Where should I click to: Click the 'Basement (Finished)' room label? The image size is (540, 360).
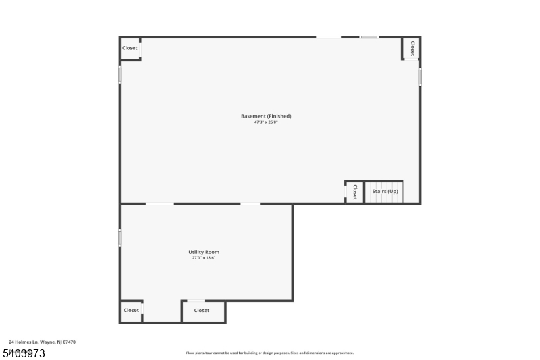point(266,116)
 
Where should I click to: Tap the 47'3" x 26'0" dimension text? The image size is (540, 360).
point(266,122)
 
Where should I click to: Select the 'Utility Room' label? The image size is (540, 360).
point(204,252)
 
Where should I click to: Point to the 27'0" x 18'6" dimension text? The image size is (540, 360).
point(204,258)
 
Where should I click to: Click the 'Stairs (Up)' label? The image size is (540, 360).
point(385,192)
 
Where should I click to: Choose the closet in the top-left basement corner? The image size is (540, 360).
point(130,48)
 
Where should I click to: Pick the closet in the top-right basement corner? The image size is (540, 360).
point(411,47)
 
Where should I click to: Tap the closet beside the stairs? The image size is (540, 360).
point(354,192)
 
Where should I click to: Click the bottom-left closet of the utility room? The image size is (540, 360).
point(131,311)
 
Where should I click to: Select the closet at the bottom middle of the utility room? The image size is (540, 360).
point(202,311)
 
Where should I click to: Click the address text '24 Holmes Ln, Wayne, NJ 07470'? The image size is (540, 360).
point(42,342)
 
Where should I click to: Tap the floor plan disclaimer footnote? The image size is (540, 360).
point(269,353)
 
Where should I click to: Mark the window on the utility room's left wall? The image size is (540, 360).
point(120,238)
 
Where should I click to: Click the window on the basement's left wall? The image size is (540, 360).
point(120,74)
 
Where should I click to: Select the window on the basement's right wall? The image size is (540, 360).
point(420,76)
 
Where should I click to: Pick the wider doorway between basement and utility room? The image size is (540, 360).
point(160,203)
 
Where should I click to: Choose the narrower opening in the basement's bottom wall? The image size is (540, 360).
point(250,203)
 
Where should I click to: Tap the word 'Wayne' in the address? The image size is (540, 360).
point(47,342)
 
